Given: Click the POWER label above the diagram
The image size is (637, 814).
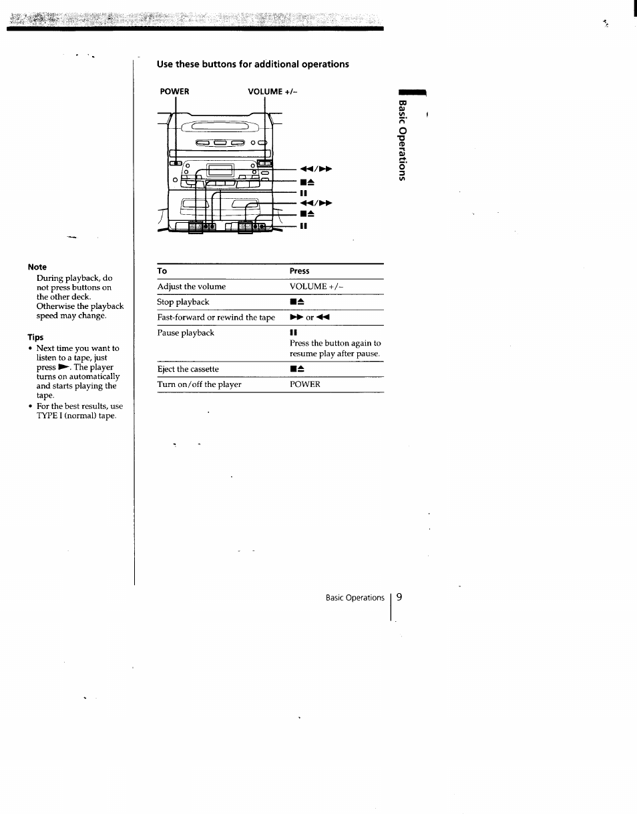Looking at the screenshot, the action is (174, 91).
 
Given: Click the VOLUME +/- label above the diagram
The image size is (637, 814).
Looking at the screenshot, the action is (272, 91).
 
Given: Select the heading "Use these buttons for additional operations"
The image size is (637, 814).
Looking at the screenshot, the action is (253, 65).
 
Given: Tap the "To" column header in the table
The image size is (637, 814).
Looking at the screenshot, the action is (162, 271).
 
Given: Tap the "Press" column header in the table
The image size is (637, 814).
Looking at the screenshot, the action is (299, 271).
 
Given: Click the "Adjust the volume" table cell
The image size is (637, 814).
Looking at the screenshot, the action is (192, 287).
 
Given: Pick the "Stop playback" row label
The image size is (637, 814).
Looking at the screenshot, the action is (183, 302).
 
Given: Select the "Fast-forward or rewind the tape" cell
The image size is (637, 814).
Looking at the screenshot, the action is (216, 318).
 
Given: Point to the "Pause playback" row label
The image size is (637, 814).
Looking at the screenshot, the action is (186, 333).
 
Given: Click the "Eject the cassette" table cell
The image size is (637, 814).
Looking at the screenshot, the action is (188, 369).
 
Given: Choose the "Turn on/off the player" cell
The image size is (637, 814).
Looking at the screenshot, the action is (199, 384).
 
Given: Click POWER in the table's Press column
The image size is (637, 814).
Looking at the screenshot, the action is (305, 384).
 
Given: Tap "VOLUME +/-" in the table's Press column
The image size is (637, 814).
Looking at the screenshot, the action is (316, 287).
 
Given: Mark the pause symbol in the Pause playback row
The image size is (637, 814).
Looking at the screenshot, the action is (293, 333).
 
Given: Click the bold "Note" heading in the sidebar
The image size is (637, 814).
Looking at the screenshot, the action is (37, 267).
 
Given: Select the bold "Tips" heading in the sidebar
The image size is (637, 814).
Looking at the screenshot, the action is (35, 338).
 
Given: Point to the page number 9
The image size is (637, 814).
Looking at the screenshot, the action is (399, 597).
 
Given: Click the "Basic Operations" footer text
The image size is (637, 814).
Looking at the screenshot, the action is (355, 598).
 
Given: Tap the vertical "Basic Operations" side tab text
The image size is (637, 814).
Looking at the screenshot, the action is (402, 140).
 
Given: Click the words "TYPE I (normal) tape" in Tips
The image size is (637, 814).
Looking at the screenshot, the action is (76, 416).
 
